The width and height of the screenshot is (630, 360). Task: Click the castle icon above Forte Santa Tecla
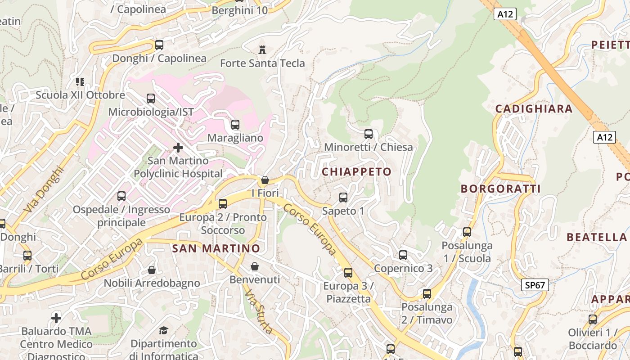[x=262, y=49]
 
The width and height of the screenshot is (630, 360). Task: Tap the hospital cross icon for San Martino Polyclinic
[x=178, y=147]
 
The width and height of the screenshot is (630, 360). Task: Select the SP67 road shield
[x=535, y=284]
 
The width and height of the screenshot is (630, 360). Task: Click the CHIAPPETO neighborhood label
[x=356, y=172]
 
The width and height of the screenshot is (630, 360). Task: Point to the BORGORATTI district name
[x=500, y=189]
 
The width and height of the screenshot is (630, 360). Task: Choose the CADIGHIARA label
[x=534, y=108]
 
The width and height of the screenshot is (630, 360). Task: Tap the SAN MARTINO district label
[x=216, y=248]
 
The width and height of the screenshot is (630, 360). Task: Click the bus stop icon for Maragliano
[x=235, y=125]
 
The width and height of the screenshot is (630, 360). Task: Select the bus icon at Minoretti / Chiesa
[x=369, y=134]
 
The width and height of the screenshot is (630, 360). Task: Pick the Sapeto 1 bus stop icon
[x=343, y=198]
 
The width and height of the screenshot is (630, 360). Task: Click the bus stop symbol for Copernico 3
[x=403, y=255]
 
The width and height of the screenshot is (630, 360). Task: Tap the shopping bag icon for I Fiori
[x=265, y=180]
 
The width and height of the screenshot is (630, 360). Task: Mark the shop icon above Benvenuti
[x=255, y=266]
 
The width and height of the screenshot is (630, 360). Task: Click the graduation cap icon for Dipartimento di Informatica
[x=163, y=331]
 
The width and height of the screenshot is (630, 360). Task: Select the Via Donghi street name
[x=44, y=190]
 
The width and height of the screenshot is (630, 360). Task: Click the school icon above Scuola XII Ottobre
[x=80, y=82]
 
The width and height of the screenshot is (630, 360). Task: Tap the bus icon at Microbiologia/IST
[x=151, y=99]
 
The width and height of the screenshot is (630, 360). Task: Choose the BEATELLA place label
[x=596, y=237]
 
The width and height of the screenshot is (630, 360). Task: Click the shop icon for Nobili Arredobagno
[x=152, y=270]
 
